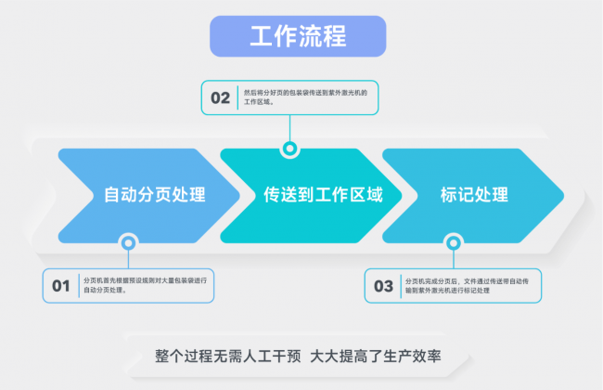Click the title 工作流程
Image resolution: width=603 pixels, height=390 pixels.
click(x=298, y=37)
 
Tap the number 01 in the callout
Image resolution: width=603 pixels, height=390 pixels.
click(x=61, y=286)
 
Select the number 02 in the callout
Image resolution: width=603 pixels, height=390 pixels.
click(x=220, y=97)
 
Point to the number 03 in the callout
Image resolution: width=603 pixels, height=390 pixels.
click(x=383, y=286)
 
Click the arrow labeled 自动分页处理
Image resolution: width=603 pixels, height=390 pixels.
click(x=153, y=195)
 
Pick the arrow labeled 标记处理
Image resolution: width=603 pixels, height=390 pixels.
click(x=473, y=195)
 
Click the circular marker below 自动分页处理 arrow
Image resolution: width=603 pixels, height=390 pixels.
click(x=128, y=243)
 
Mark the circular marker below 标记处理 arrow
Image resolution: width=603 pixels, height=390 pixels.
click(x=453, y=243)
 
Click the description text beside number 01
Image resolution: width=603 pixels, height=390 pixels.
click(x=144, y=285)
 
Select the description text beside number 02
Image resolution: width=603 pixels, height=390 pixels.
click(x=306, y=97)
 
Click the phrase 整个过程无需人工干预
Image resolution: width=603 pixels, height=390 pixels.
click(x=228, y=357)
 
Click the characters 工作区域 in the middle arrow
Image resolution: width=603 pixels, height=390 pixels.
click(x=349, y=195)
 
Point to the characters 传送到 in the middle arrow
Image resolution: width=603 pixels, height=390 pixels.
click(x=282, y=195)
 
